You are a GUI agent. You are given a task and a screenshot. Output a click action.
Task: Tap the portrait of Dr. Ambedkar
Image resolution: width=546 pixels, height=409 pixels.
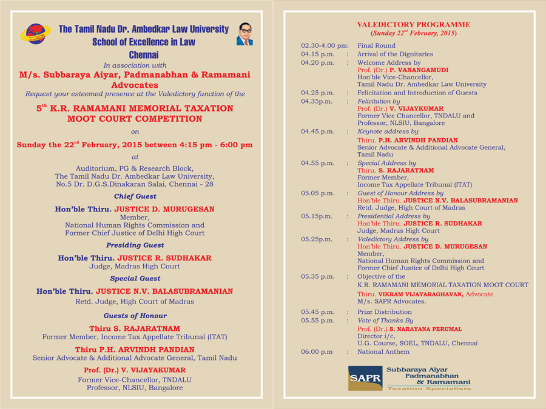(x=244, y=34)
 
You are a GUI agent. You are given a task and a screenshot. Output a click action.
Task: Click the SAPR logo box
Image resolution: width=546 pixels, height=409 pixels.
(x=365, y=378)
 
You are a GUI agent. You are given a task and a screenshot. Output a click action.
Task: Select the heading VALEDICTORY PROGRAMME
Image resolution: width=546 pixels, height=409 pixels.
(x=413, y=25)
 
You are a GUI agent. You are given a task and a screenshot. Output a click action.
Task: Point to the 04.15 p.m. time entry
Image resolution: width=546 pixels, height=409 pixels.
(x=317, y=55)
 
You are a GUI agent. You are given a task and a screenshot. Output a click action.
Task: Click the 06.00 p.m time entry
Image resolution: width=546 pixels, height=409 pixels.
(x=317, y=351)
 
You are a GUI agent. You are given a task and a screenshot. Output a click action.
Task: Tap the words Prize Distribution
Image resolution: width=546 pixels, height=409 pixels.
(x=384, y=312)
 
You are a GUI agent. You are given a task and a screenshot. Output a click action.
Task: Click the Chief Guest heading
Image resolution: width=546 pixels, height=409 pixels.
(x=135, y=196)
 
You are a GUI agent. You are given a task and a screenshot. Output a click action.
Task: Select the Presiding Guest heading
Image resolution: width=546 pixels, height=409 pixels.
(x=135, y=245)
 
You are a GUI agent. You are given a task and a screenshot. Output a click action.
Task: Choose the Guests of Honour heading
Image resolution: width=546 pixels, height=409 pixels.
(x=135, y=316)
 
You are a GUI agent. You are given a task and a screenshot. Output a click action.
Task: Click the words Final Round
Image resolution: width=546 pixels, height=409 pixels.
(x=376, y=46)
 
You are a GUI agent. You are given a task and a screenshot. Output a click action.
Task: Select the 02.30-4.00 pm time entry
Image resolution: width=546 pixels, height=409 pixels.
(x=325, y=46)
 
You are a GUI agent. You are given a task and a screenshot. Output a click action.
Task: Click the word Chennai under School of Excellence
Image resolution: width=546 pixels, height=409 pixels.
(x=144, y=55)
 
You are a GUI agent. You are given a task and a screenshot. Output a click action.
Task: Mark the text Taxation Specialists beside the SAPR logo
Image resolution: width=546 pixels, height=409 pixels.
(x=429, y=389)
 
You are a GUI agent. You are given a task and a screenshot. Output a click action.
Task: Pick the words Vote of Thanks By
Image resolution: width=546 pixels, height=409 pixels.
(x=385, y=321)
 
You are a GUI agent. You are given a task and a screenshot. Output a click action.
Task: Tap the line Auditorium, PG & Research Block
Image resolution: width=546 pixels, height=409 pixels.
(x=135, y=168)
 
